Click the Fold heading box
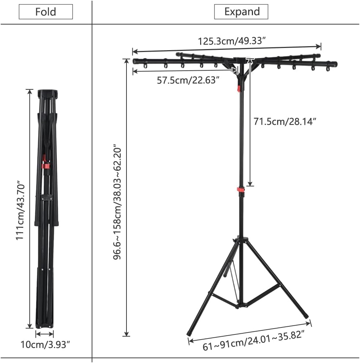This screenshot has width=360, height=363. (45, 12)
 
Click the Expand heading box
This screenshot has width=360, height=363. (241, 12)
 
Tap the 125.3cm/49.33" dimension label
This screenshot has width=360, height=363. (232, 41)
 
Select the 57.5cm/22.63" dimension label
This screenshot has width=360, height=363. (188, 80)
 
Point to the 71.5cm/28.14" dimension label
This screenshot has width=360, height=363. (285, 121)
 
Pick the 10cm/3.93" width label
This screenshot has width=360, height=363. (45, 345)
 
